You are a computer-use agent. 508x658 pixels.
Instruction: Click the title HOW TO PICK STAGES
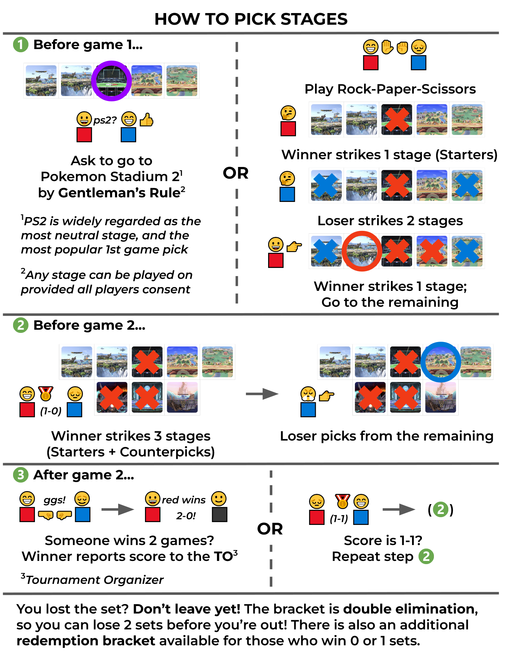[251, 19]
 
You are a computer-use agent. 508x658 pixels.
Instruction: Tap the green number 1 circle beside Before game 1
[20, 45]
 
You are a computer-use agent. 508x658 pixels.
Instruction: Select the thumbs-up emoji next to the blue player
[146, 120]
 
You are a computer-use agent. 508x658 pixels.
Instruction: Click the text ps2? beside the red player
[105, 120]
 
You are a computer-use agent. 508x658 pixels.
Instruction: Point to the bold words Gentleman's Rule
[120, 193]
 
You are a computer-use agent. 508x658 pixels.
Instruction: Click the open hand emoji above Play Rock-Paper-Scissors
[387, 47]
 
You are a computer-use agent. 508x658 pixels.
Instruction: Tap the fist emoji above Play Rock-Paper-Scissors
[402, 47]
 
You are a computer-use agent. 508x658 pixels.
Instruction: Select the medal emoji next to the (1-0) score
[46, 393]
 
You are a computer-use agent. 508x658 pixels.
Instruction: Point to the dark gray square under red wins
[219, 514]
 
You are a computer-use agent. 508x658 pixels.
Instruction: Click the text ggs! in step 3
[54, 500]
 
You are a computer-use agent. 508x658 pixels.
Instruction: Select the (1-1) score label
[339, 519]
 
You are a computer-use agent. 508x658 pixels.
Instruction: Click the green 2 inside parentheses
[440, 509]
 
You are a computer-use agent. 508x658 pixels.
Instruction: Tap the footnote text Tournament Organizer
[95, 580]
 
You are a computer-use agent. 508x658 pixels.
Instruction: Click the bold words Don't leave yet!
[187, 609]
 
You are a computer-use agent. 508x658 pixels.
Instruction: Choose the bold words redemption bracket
[86, 641]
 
